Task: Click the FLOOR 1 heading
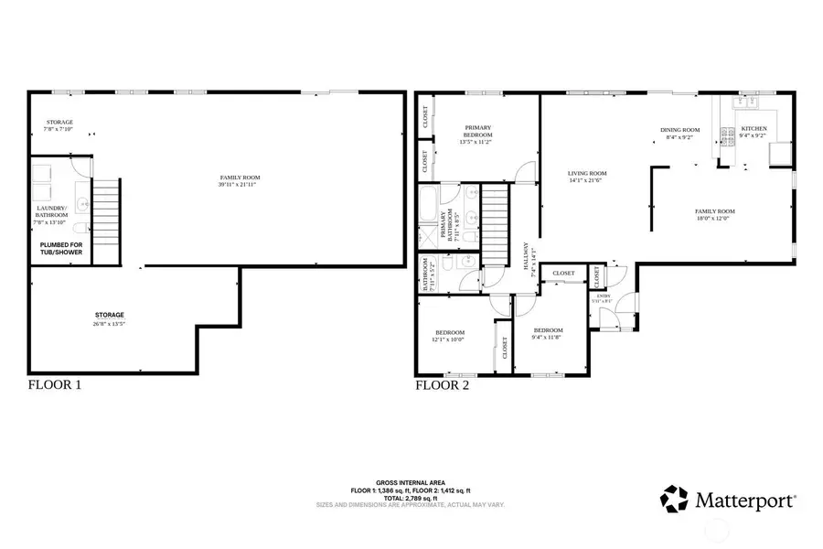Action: (x=55, y=385)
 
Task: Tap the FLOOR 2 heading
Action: (x=444, y=385)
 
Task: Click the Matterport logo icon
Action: (x=676, y=501)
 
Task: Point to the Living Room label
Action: (x=587, y=176)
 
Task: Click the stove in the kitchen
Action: (x=729, y=138)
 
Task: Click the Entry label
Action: (x=604, y=297)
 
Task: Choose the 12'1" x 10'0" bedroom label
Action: (x=450, y=335)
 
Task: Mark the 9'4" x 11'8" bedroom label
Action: (x=548, y=333)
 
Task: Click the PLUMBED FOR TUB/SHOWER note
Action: (x=61, y=248)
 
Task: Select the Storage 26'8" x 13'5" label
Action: (x=109, y=318)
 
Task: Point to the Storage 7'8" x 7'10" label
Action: (x=59, y=125)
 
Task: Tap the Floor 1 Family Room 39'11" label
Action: (x=240, y=180)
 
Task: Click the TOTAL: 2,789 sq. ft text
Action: (x=411, y=497)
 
